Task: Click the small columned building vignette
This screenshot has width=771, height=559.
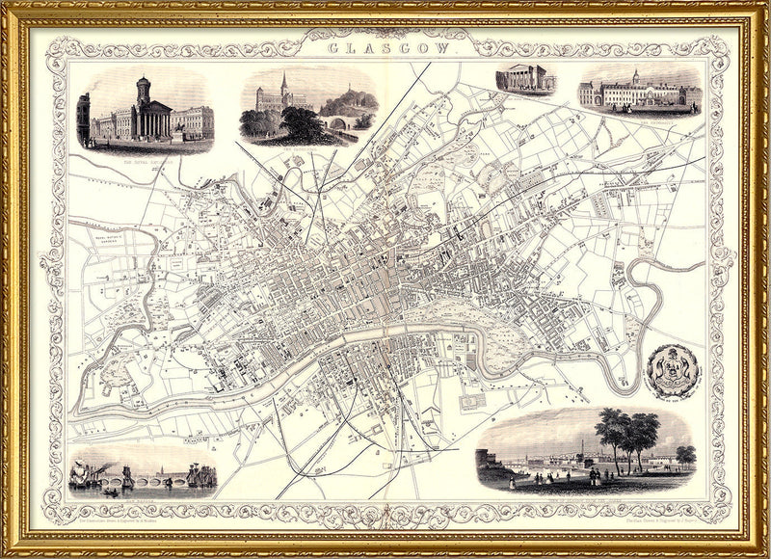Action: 525,80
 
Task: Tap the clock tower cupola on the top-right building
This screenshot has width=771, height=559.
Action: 634,78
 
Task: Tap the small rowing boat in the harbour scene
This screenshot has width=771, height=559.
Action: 111,492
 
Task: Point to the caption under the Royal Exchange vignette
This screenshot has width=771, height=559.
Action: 145,156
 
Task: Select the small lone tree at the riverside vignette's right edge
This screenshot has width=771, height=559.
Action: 685,454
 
